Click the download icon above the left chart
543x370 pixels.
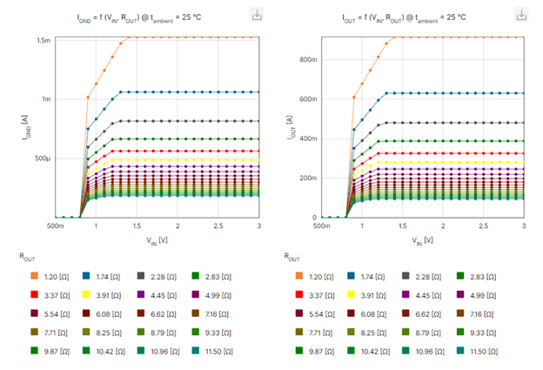tap(258, 15)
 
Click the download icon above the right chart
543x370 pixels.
tap(521, 15)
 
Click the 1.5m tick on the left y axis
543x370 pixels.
tap(43, 40)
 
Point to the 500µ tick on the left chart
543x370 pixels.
tap(42, 158)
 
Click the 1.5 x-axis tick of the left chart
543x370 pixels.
tap(137, 225)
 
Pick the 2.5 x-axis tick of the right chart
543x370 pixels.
tap(484, 225)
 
